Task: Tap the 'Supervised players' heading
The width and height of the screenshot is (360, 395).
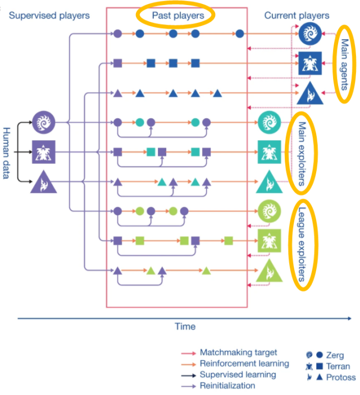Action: point(49,16)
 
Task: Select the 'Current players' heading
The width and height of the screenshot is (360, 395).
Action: point(297,16)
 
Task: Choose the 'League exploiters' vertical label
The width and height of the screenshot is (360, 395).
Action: point(302,245)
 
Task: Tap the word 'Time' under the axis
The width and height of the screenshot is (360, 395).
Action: point(184,327)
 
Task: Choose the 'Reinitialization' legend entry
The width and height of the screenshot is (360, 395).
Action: point(227,385)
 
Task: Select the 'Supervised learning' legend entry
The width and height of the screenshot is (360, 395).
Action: point(238,374)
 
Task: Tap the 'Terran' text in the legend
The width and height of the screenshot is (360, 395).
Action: point(339,366)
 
